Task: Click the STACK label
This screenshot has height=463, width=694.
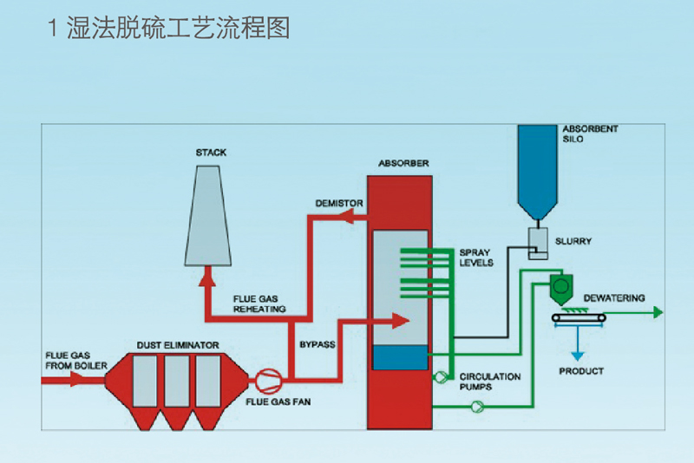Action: pos(211,153)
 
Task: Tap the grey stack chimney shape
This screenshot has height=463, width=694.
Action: pos(209,217)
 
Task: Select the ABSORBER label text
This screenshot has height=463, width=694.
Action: pos(403,164)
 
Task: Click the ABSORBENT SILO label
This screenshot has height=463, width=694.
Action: pos(592,134)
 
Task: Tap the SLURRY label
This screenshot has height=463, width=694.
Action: pos(573,242)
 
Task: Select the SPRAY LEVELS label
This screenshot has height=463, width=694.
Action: pos(476,258)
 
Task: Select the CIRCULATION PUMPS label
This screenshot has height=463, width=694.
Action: pos(490,381)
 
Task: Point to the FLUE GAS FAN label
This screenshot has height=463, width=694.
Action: pos(278,402)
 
